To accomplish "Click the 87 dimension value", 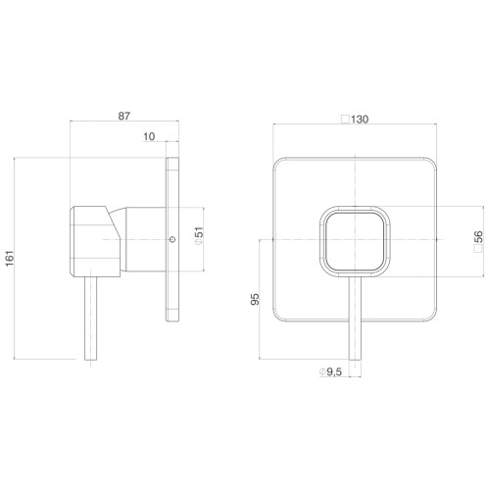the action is pos(123,116).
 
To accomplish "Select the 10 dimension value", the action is pos(149,136).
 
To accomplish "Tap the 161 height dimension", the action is pos(10,258).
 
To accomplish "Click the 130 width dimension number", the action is pos(360,120).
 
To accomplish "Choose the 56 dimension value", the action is pos(478,236).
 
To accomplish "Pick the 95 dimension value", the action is pos(255,299).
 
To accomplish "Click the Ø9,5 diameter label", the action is pos(330,371).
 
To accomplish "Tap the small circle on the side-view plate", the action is pos(172,239).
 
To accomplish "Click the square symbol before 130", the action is pos(346,120).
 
